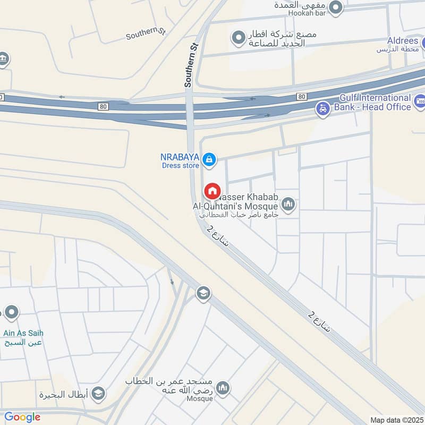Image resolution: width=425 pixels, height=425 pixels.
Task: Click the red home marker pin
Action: click(212, 191)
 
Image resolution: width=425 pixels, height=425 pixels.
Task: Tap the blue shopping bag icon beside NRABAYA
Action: click(209, 159)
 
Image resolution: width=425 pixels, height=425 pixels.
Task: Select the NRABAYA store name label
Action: click(180, 157)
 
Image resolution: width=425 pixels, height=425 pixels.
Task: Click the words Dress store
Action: click(180, 165)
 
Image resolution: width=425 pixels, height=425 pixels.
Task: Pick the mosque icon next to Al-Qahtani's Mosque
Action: click(288, 205)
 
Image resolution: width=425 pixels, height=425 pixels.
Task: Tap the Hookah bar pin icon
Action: click(335, 7)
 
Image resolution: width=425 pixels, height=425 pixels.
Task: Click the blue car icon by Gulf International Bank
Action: click(322, 110)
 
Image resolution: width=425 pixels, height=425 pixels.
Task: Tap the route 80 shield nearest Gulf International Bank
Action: click(301, 96)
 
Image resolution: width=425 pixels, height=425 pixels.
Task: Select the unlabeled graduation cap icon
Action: click(203, 293)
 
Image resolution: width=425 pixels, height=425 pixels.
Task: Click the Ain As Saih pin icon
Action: click(11, 312)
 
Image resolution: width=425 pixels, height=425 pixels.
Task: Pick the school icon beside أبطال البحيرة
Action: click(98, 394)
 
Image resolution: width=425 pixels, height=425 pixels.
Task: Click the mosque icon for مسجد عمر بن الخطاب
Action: click(223, 388)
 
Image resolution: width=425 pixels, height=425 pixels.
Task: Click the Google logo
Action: click(22, 417)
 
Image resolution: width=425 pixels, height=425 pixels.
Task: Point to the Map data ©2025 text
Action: click(396, 420)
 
